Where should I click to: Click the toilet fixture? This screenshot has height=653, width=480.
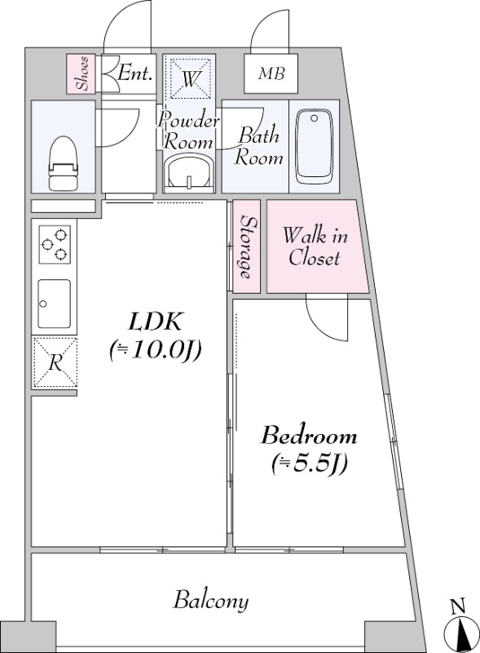point(64,163)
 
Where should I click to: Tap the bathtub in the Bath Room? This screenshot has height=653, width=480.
point(314,147)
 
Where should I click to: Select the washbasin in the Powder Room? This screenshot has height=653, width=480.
point(189,171)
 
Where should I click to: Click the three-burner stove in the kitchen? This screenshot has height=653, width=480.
point(55,244)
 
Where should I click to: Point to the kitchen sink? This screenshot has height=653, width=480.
point(54,304)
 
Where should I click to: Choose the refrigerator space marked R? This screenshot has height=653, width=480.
point(55,362)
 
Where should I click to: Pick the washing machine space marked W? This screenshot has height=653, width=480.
point(190,78)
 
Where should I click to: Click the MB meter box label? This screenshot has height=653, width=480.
point(271,74)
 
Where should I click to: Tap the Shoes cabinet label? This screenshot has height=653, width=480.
point(82,73)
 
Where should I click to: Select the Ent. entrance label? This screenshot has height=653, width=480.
point(134,73)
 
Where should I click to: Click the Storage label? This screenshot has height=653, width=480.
point(247,247)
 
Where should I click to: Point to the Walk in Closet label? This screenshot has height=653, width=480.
point(315,247)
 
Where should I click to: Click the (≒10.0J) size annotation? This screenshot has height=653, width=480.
point(155,350)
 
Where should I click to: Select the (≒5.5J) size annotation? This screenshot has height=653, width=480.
point(309,464)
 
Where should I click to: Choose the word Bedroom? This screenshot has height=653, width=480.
point(308,436)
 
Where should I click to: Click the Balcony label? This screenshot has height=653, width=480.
point(211,601)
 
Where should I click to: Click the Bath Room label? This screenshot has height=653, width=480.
point(258,147)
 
